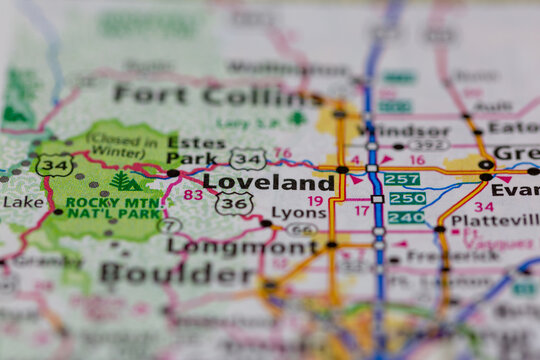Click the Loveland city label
tap(269, 183)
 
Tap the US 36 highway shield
tap(234, 202)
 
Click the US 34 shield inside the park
tap(54, 165)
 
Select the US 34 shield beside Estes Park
tap(247, 158)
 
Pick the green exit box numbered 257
tap(402, 179)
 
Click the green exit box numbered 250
tap(407, 198)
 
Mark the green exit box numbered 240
tap(406, 217)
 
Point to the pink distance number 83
tap(192, 195)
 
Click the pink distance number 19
tap(315, 201)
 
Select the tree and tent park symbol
tap(127, 181)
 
